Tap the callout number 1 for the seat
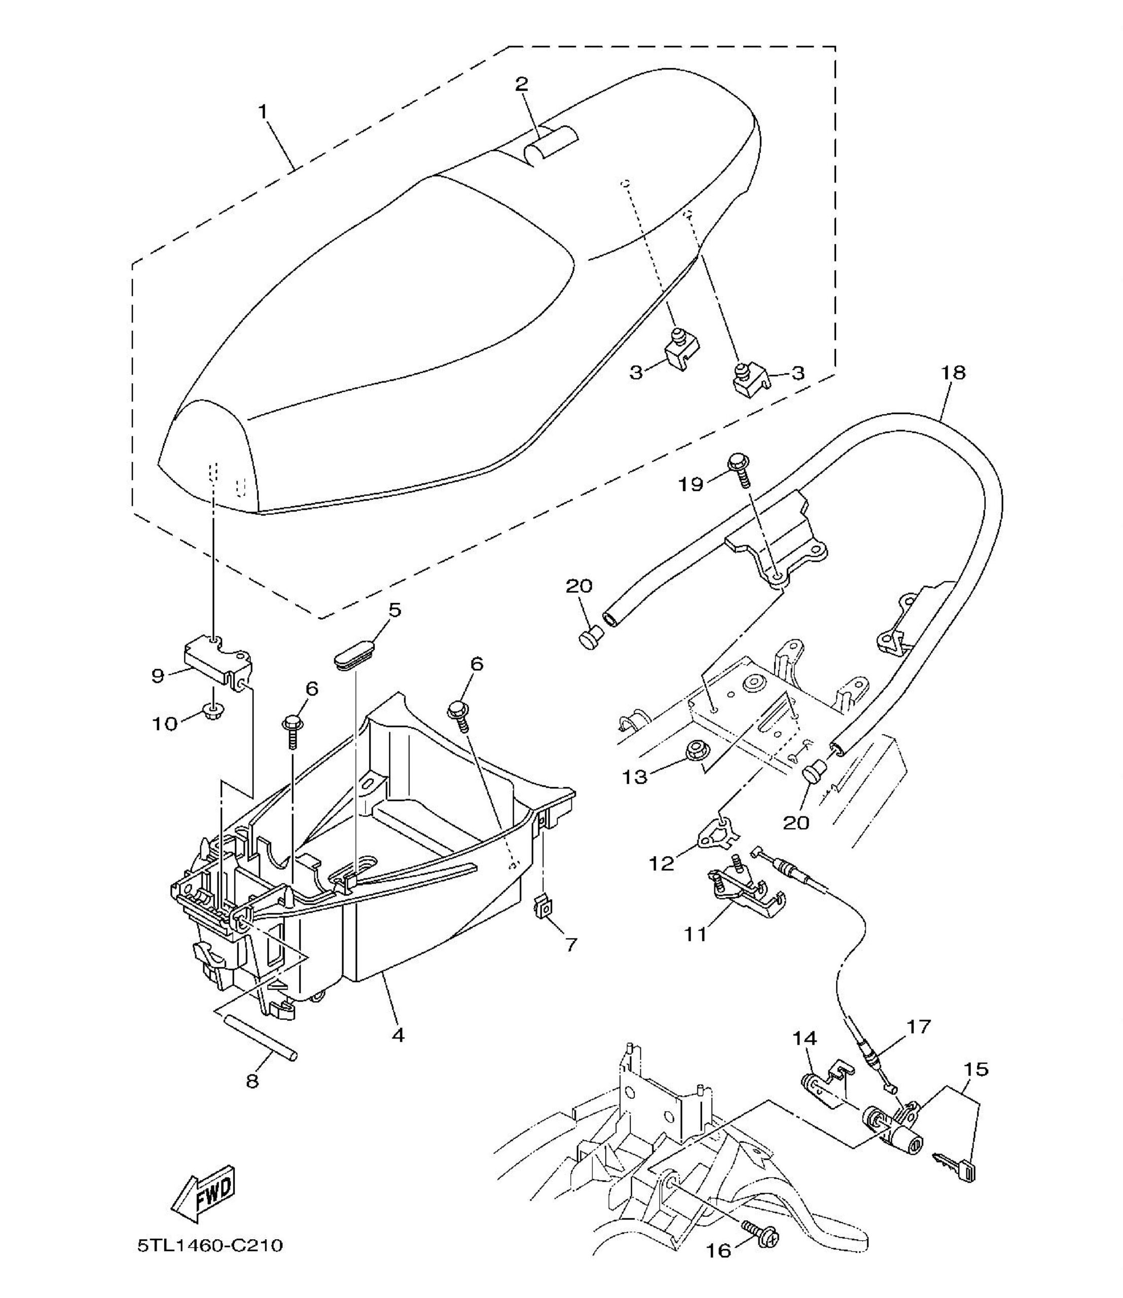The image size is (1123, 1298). pyautogui.click(x=263, y=112)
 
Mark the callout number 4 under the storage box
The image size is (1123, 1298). pyautogui.click(x=398, y=1035)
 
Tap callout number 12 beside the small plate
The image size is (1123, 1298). pyautogui.click(x=662, y=863)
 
